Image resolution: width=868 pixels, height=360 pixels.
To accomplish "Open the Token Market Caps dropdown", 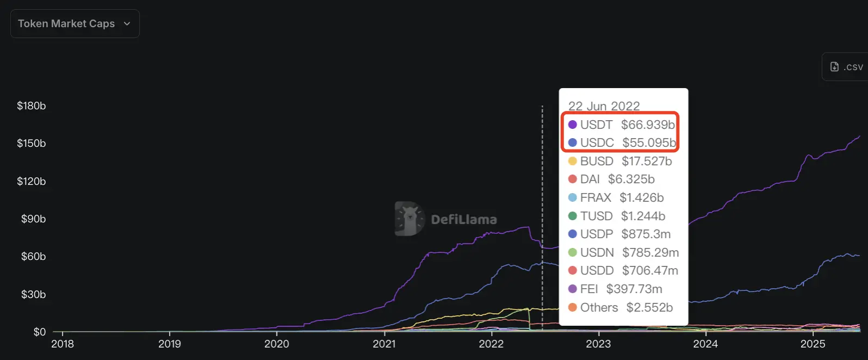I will (x=75, y=24).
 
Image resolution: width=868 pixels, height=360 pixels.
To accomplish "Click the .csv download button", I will (x=847, y=67).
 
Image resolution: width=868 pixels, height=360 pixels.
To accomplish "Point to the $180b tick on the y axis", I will (x=32, y=106).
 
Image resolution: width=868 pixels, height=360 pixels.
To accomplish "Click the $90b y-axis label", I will (x=33, y=219).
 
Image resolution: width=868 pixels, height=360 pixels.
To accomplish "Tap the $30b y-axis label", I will (x=33, y=295).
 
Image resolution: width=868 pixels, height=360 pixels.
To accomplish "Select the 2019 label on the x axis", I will (x=169, y=344).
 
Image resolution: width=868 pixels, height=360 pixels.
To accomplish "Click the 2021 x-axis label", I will (x=384, y=344).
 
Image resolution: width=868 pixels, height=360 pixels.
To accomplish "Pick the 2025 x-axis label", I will (x=813, y=344).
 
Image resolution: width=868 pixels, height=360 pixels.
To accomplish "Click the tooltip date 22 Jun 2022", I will (x=604, y=106).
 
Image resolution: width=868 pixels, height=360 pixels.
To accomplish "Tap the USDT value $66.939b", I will (x=648, y=125).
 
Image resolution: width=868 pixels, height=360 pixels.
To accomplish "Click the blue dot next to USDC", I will (x=572, y=142).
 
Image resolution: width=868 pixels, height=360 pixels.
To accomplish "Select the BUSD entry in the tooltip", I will (x=597, y=161).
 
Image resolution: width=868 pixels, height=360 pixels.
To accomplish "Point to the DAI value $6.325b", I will (x=631, y=179).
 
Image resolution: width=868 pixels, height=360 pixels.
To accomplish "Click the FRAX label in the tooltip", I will (x=596, y=197).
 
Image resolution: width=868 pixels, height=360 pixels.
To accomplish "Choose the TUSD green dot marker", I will (x=572, y=216).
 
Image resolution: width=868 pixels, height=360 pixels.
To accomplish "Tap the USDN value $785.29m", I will (x=650, y=252).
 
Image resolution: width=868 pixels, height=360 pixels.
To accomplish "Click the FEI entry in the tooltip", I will (x=589, y=289).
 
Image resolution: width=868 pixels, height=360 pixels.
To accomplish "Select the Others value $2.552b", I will (x=649, y=307).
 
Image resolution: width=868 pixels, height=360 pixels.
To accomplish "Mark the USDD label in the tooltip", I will (x=597, y=271).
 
